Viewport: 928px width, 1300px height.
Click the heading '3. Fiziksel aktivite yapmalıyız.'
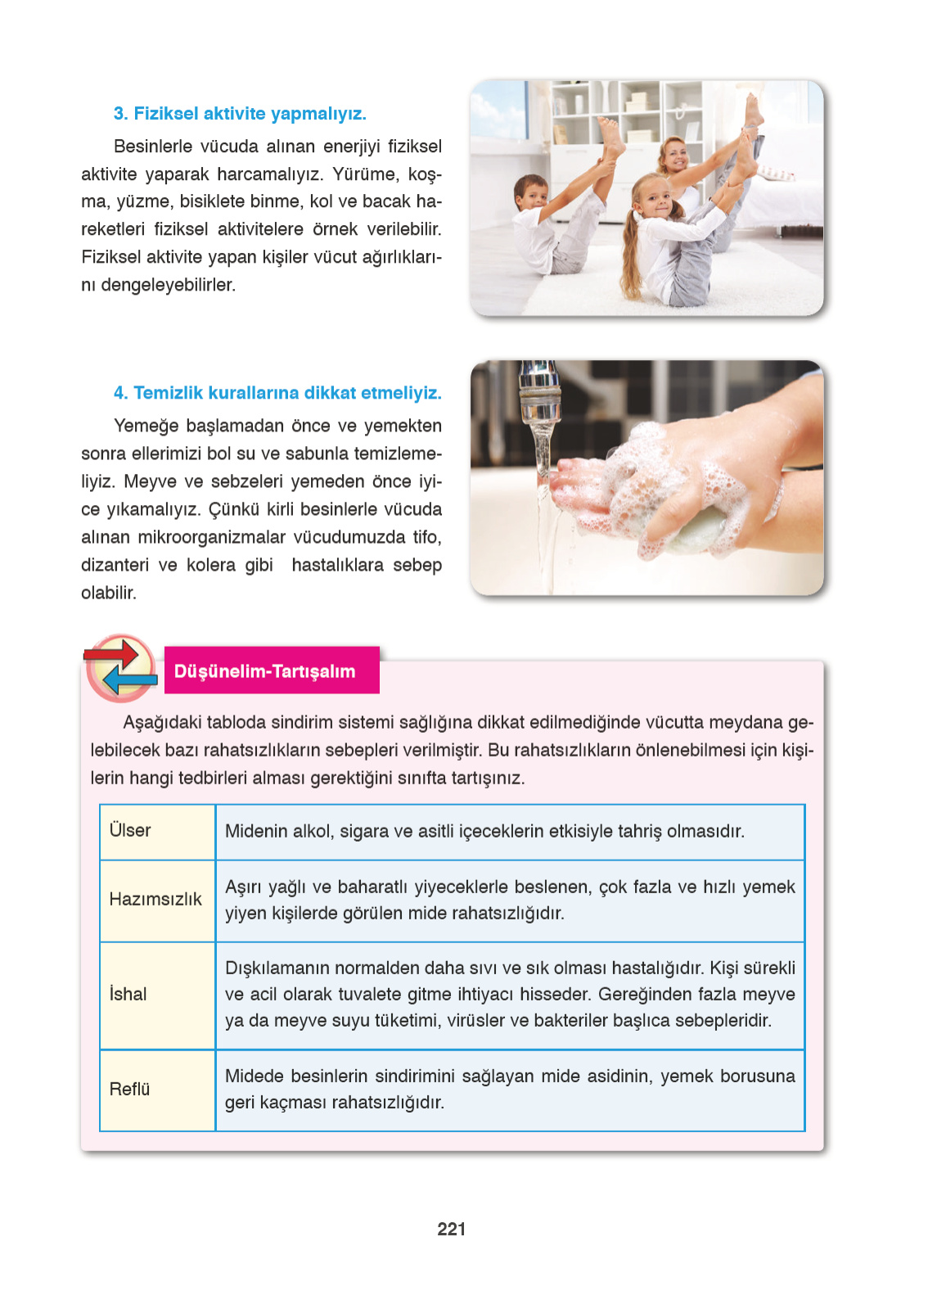[x=240, y=114]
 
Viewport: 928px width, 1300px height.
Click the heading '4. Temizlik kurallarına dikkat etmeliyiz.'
[x=277, y=393]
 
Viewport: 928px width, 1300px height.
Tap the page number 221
[x=452, y=1229]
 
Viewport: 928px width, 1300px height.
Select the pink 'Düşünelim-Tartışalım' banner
[x=271, y=671]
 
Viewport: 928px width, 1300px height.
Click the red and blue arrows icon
[x=121, y=668]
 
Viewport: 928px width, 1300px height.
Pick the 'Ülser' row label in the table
[x=130, y=830]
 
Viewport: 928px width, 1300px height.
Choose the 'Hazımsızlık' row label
[x=155, y=899]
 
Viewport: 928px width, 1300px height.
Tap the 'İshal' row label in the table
[x=128, y=994]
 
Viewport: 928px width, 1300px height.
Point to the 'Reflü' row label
[x=130, y=1089]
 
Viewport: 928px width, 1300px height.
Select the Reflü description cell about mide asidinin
[x=509, y=1089]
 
